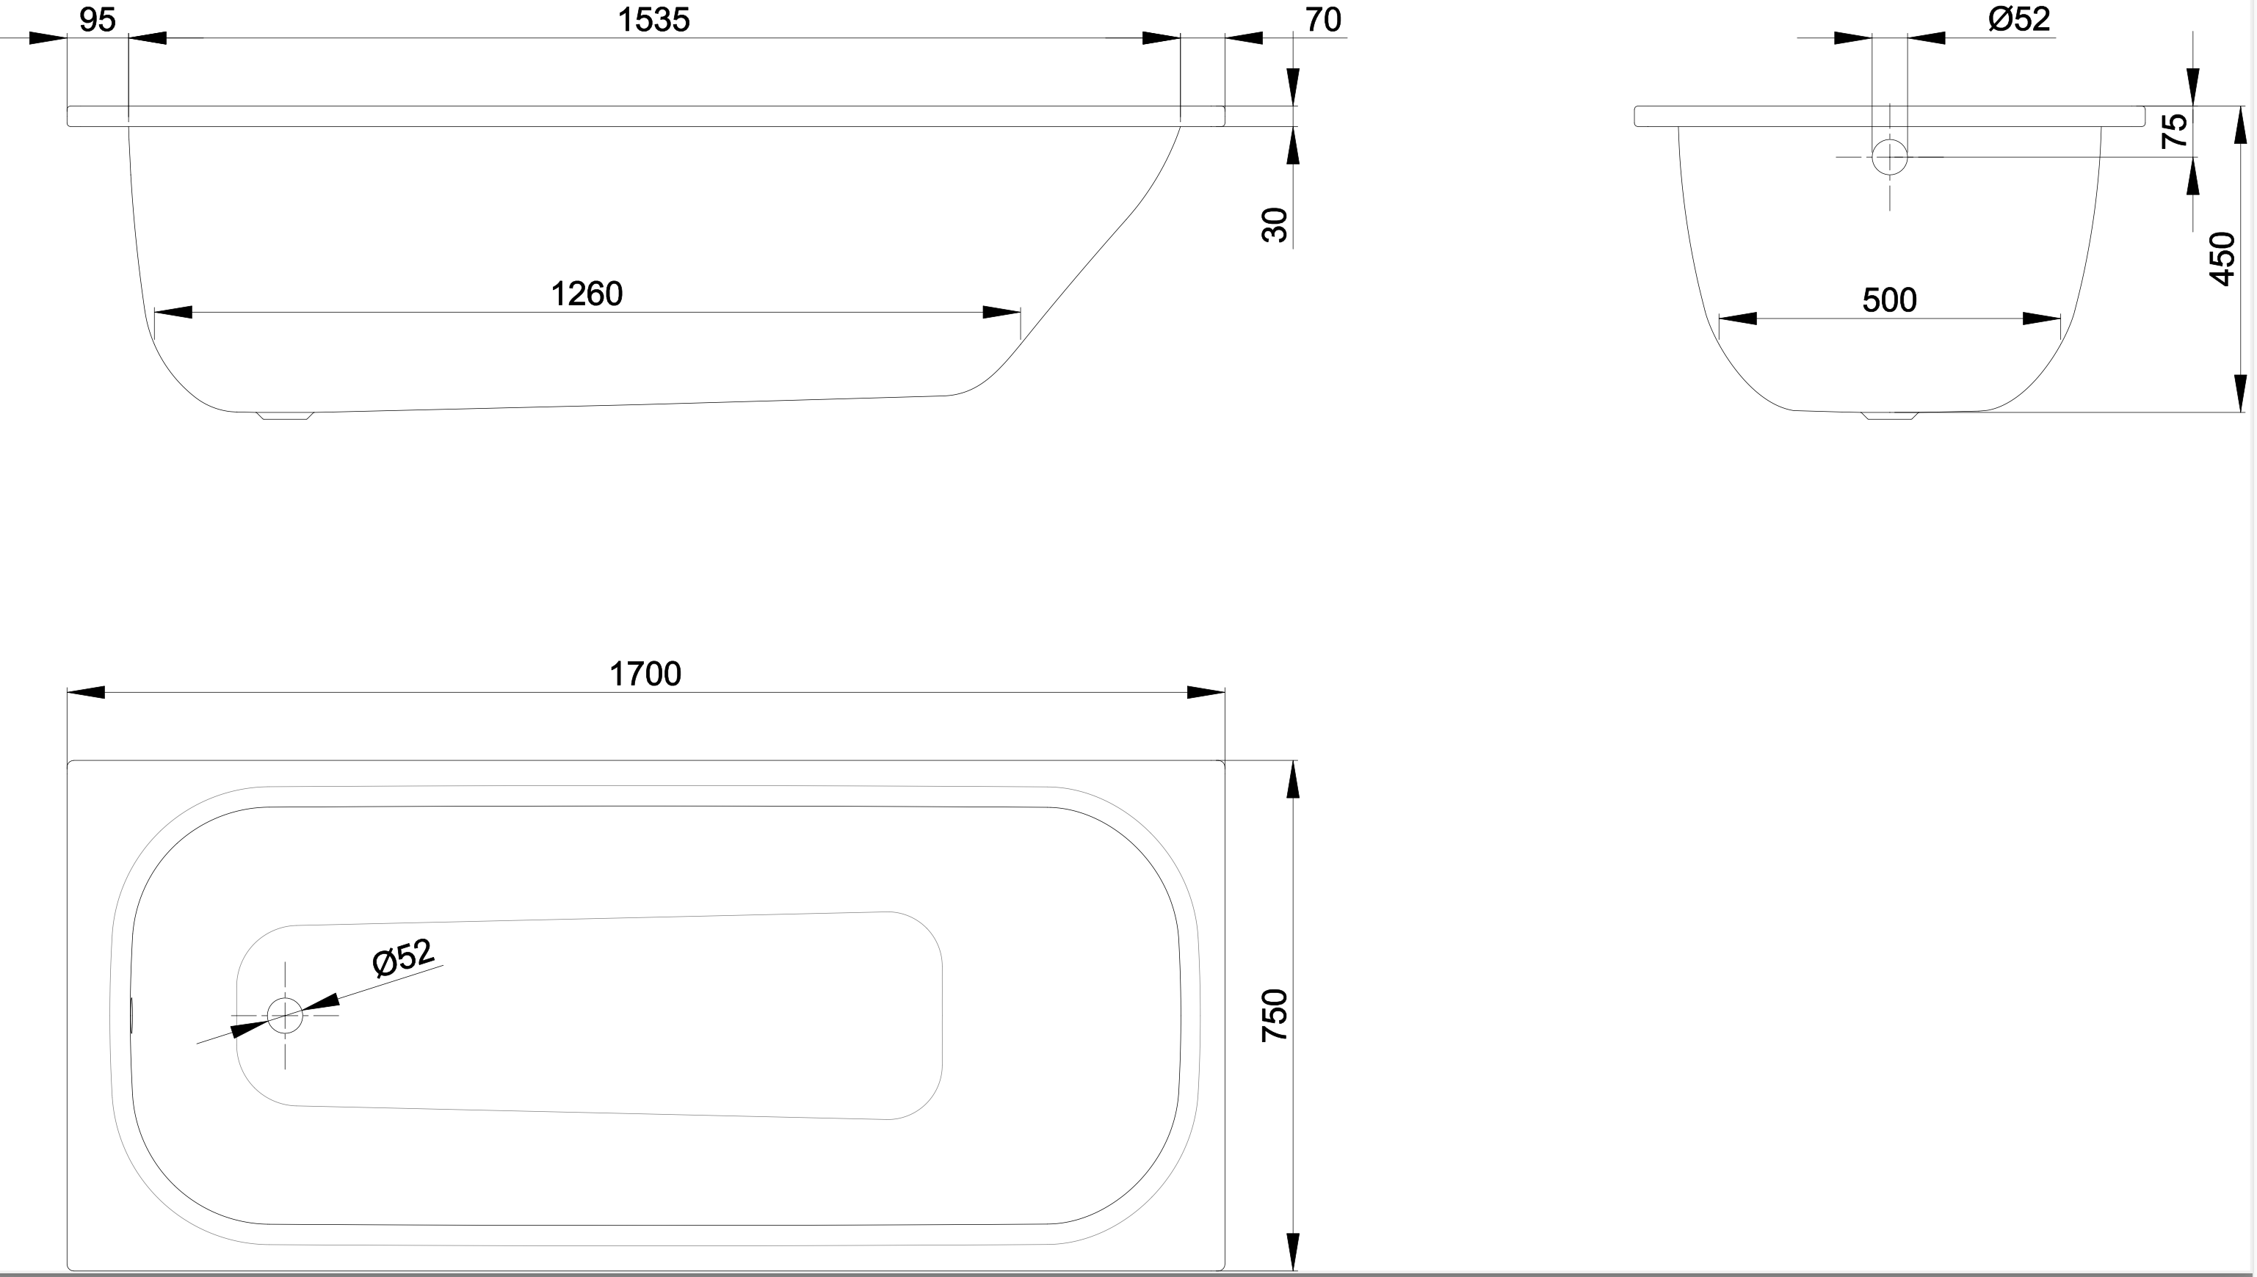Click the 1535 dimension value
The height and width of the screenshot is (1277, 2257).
coord(653,19)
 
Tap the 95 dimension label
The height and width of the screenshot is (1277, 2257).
coord(98,19)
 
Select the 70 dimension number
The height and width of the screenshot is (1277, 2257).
coord(1323,19)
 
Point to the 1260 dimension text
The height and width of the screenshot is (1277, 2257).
coord(586,294)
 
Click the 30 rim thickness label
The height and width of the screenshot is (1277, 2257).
coord(1275,225)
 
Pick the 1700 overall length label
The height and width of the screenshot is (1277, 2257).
coord(645,674)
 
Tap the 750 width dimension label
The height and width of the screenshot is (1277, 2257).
coord(1275,1015)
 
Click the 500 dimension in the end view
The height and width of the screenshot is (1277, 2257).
coord(1888,300)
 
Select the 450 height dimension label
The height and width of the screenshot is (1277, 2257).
coord(2222,259)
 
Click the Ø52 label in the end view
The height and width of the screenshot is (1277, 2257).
coord(2018,18)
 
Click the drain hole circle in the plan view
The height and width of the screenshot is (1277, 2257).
coord(285,1016)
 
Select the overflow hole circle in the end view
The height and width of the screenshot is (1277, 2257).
coord(1889,157)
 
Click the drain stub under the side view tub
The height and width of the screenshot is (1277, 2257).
coord(285,415)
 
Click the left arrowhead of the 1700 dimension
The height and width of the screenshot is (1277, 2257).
coord(86,693)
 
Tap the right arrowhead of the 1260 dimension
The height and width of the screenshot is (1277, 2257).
coord(1001,312)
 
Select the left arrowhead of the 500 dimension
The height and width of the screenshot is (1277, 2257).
coord(1738,319)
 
